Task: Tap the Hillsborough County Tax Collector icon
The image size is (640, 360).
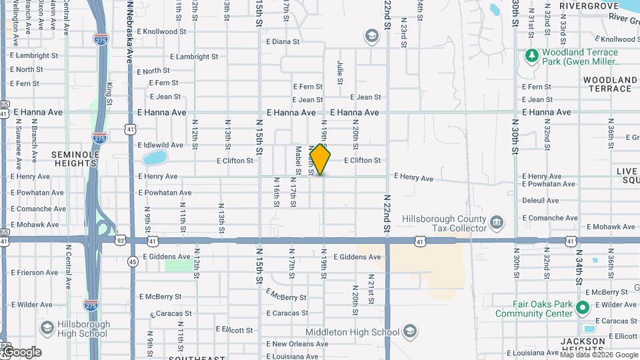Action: pyautogui.click(x=496, y=222)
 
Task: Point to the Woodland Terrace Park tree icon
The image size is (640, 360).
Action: pyautogui.click(x=531, y=55)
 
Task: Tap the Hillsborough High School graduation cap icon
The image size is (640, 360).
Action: pyautogui.click(x=47, y=328)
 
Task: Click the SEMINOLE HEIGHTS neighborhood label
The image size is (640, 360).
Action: pyautogui.click(x=75, y=159)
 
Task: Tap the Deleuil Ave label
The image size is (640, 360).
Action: pyautogui.click(x=540, y=200)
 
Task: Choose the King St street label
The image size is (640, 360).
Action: pyautogui.click(x=109, y=93)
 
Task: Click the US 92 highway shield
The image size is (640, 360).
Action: pyautogui.click(x=120, y=239)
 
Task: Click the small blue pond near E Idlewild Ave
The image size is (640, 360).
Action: pyautogui.click(x=154, y=158)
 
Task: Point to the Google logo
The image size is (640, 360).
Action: pyautogui.click(x=21, y=352)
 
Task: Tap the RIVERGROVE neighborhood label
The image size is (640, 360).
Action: pyautogui.click(x=589, y=6)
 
